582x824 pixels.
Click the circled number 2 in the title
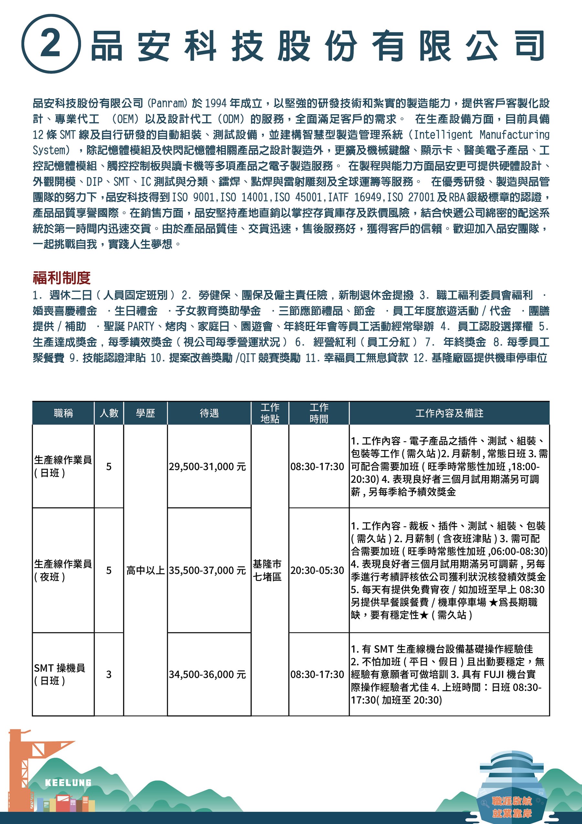click(50, 44)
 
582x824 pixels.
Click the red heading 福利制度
click(61, 277)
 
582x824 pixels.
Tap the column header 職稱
click(63, 413)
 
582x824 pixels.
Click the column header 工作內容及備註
click(449, 413)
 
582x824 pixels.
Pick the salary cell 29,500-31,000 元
click(207, 467)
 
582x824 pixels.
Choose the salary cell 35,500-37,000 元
click(207, 570)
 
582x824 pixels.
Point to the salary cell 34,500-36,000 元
click(207, 674)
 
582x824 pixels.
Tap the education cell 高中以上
click(145, 570)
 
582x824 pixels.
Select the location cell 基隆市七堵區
click(267, 570)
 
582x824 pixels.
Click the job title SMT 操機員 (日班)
click(59, 674)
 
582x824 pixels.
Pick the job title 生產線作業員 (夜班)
click(63, 570)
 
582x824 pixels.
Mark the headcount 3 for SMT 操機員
click(109, 674)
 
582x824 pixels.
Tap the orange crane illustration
click(22, 761)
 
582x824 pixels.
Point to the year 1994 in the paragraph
click(216, 103)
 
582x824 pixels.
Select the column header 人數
click(109, 413)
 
